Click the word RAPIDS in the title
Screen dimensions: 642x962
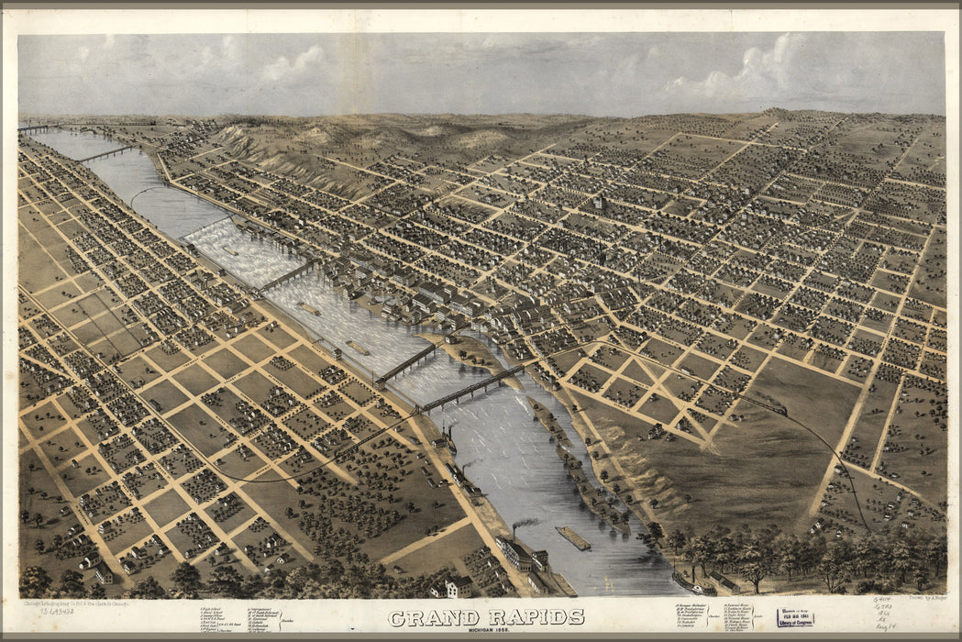click(536, 617)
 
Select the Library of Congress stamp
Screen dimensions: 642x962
click(794, 618)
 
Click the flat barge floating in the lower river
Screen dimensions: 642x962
click(572, 538)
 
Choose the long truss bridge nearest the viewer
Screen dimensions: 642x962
click(472, 388)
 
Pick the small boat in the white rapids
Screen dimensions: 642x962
click(229, 249)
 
